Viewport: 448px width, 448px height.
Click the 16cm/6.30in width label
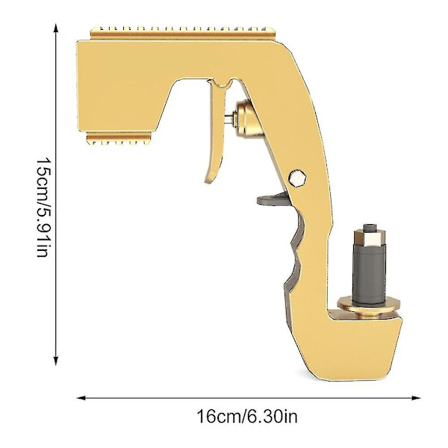point(247,416)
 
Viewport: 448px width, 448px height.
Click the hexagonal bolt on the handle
point(297,178)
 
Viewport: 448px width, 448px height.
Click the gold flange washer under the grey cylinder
point(369,305)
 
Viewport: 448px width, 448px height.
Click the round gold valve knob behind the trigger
point(248,119)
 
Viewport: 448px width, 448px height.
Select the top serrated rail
point(183,31)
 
